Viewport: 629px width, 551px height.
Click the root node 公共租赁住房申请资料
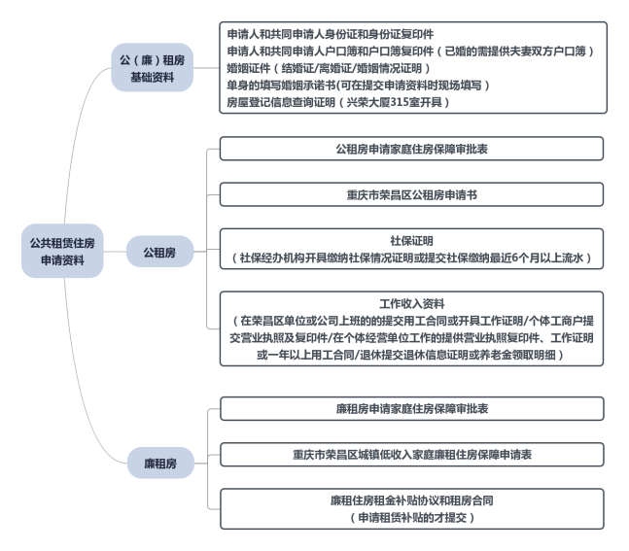click(62, 251)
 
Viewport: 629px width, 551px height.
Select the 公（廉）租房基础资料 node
click(152, 68)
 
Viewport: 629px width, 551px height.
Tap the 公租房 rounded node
click(159, 252)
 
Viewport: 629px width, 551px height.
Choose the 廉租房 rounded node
click(160, 464)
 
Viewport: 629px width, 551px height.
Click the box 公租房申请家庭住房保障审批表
click(411, 149)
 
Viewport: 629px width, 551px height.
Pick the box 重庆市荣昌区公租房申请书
click(411, 195)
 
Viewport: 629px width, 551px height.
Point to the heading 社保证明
click(411, 241)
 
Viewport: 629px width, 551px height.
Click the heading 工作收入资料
click(411, 303)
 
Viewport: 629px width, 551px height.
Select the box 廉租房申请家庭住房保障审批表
click(412, 409)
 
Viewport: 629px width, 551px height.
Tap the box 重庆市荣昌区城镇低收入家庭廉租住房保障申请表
click(412, 455)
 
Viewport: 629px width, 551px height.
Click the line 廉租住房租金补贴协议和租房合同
click(412, 500)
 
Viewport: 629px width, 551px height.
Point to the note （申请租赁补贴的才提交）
click(412, 517)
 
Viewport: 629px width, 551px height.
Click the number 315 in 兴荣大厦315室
click(400, 102)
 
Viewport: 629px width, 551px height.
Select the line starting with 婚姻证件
click(329, 68)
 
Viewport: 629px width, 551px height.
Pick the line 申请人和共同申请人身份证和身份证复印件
click(331, 34)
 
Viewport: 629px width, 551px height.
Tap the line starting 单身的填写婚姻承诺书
click(358, 85)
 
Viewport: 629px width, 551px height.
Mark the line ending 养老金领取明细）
click(411, 355)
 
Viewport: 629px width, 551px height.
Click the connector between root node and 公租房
click(115, 252)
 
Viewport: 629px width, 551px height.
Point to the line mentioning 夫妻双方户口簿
click(410, 51)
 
